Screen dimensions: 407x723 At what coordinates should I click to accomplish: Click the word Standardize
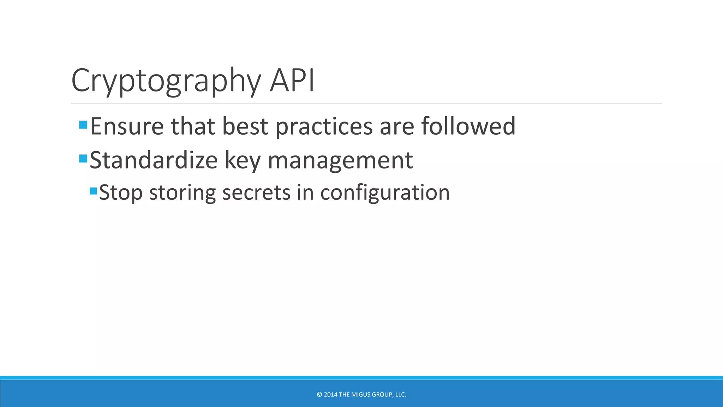click(x=154, y=160)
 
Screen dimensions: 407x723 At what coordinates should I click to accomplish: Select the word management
click(x=340, y=161)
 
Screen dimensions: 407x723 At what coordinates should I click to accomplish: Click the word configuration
click(x=385, y=193)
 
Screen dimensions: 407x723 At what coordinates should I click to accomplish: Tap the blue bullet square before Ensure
click(x=83, y=124)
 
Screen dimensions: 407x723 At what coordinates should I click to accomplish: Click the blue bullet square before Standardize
click(x=83, y=158)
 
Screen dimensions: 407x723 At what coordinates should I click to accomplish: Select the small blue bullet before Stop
click(x=93, y=191)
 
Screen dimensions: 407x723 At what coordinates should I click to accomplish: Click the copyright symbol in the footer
click(x=319, y=395)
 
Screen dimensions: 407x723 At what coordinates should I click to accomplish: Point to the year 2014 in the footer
click(x=330, y=395)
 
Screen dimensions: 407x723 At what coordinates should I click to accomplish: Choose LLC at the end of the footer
click(x=400, y=395)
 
